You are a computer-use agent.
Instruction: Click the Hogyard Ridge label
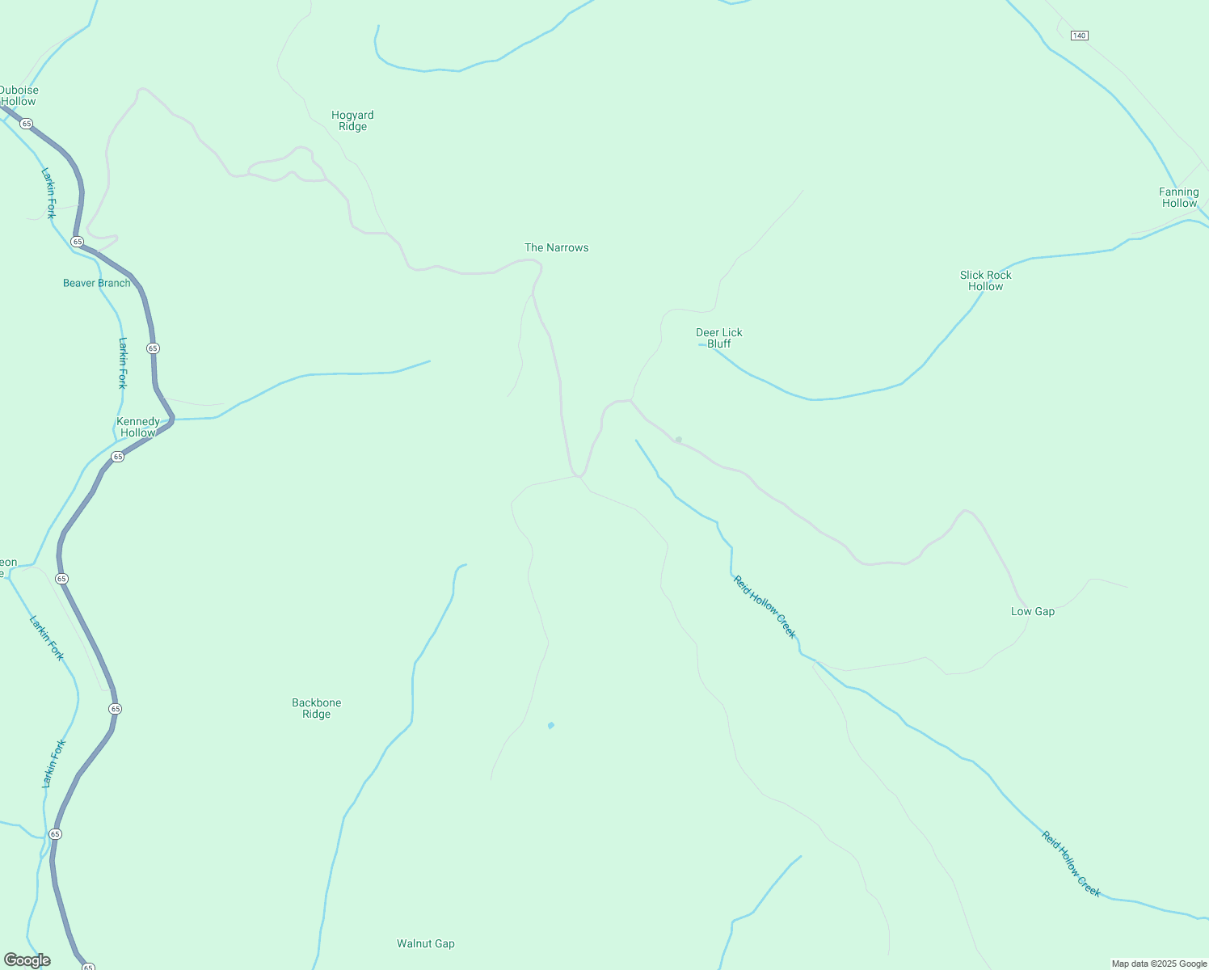click(x=352, y=120)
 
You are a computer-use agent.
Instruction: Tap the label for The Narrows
click(x=556, y=247)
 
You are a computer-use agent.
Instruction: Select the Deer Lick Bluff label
click(x=718, y=338)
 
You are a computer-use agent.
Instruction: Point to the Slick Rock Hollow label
click(x=985, y=280)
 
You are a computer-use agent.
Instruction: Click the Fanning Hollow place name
click(x=1178, y=197)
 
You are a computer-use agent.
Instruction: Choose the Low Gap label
click(x=1032, y=611)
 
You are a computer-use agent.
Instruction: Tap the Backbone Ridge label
click(x=316, y=708)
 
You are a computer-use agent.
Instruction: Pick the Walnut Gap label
click(x=425, y=943)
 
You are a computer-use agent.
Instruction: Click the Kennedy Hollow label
click(x=138, y=427)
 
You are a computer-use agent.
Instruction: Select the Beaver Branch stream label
click(x=96, y=283)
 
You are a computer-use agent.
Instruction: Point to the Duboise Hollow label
click(x=19, y=95)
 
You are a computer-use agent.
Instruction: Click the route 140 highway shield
click(x=1079, y=36)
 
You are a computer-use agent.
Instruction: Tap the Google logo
click(x=27, y=960)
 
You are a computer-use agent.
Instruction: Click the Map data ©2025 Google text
click(x=1159, y=964)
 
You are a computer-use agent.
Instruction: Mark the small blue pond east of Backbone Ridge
click(x=551, y=725)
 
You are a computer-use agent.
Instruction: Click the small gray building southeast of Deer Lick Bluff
click(x=679, y=440)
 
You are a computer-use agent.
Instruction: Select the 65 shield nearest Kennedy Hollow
click(x=118, y=457)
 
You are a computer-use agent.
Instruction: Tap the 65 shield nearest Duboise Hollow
click(x=27, y=124)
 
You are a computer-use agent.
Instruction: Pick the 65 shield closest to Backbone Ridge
click(x=115, y=709)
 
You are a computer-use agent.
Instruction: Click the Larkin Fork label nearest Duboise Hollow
click(x=49, y=192)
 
